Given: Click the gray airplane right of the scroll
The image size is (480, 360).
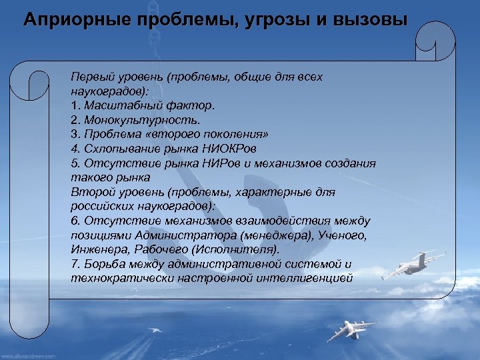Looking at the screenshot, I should pos(421,265).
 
